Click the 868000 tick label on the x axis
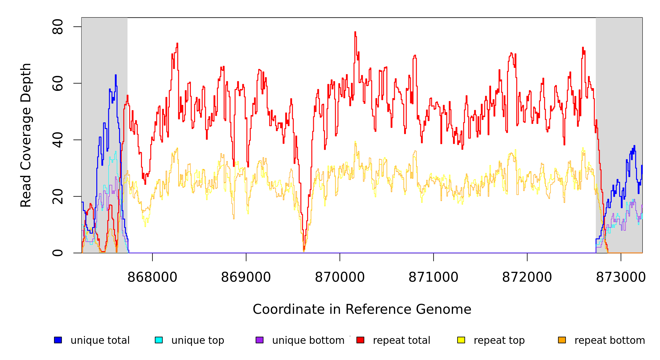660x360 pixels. pos(152,277)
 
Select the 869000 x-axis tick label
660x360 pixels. pos(246,277)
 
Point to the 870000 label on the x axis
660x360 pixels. pos(340,277)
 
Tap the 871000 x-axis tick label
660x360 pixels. pos(433,277)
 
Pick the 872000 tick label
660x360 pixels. pos(527,277)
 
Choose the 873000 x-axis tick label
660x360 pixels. pos(620,277)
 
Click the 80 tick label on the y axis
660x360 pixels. pos(58,27)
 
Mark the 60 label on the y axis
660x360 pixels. pos(58,83)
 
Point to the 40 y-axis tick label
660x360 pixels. pos(58,140)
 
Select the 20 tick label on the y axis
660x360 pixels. pos(58,196)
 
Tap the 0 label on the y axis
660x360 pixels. pos(58,253)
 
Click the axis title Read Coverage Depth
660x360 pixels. pos(26,135)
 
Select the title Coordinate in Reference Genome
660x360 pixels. pos(362,309)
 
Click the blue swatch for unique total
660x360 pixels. pos(58,340)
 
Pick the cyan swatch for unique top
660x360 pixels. pos(159,340)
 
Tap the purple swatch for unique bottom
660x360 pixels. pos(259,340)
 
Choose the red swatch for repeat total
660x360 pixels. pos(360,340)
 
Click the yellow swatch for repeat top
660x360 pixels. pos(461,340)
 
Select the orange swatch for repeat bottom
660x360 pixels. pos(562,340)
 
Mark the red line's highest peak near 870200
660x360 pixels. pos(355,32)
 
